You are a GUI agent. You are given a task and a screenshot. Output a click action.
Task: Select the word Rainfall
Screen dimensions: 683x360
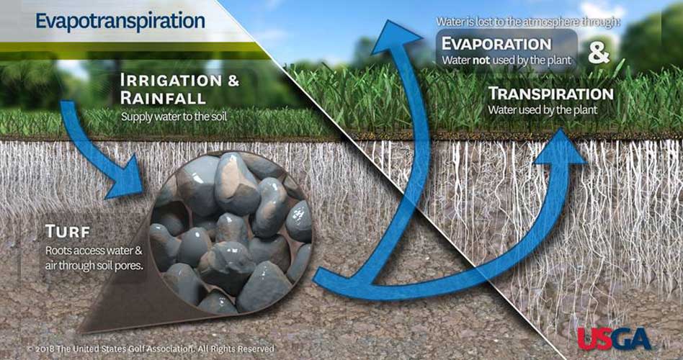point(163,98)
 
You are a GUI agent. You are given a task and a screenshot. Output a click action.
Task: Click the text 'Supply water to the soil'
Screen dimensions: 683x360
point(174,117)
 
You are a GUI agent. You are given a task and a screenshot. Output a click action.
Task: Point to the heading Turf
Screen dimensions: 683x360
point(68,232)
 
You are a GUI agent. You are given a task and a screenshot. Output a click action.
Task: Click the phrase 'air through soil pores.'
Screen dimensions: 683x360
point(94,265)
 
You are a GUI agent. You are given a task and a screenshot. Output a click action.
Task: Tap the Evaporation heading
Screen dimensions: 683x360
point(496,44)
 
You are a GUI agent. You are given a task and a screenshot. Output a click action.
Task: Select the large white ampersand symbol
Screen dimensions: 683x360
point(599,53)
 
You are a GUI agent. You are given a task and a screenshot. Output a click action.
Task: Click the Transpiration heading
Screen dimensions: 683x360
point(551,94)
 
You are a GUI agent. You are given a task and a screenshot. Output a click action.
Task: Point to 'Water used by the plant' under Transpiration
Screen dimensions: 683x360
point(543,109)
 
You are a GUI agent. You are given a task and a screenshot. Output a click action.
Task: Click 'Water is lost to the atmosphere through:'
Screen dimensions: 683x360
point(528,22)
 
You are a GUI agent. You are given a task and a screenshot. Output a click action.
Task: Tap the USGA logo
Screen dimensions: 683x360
point(614,338)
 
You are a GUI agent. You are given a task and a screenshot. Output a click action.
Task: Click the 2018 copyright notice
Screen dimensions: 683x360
point(151,348)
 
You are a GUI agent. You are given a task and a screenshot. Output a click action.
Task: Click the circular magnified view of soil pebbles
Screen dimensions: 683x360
point(231,233)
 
